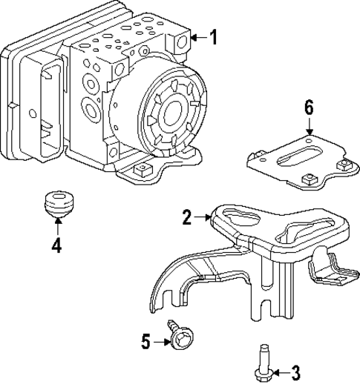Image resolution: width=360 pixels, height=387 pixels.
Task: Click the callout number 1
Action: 213,37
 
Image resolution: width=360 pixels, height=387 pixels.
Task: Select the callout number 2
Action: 187,217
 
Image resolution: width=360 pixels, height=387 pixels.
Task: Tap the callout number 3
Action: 295,371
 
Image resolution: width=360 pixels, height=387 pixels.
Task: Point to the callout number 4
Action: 56,245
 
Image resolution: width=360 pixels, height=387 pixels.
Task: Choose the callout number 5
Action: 146,341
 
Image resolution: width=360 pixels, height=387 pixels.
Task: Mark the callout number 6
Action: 309,107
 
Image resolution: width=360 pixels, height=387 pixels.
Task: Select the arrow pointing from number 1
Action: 197,37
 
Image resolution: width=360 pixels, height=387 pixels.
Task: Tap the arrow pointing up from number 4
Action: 56,227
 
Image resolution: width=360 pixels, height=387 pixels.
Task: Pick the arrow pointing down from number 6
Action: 309,126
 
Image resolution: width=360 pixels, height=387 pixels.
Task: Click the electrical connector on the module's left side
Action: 48,104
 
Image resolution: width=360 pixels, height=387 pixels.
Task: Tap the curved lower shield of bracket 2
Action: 186,285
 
